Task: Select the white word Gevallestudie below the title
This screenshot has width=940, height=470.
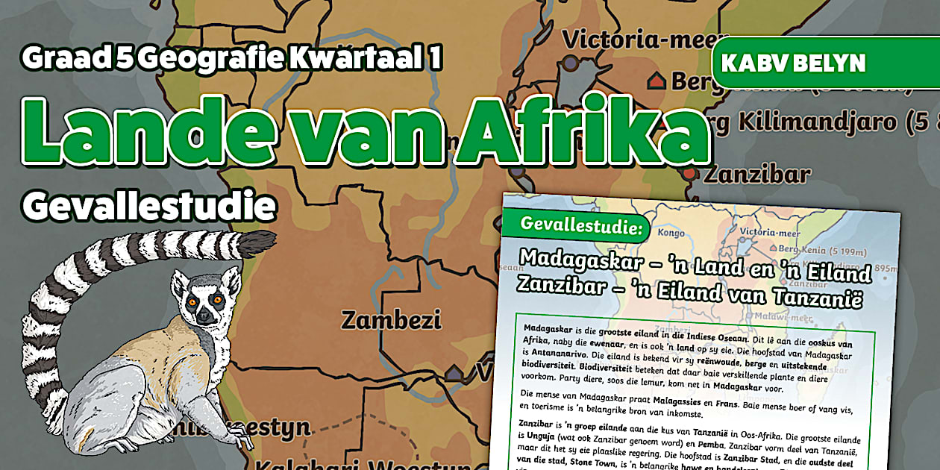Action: coord(148,206)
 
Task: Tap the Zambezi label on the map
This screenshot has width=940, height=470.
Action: coord(391,321)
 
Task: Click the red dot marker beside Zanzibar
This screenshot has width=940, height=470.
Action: coord(690,173)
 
